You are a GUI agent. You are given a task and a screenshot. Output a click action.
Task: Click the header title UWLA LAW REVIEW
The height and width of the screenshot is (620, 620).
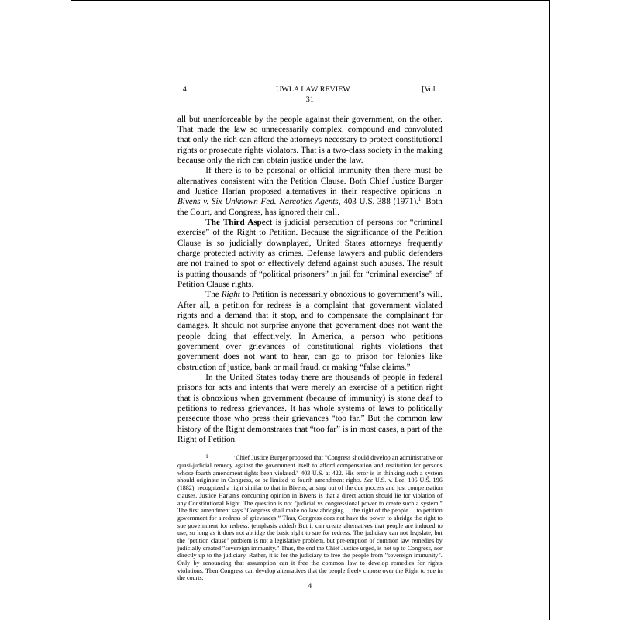click(312, 89)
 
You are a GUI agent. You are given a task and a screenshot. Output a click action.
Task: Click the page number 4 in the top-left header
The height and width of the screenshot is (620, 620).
click(184, 89)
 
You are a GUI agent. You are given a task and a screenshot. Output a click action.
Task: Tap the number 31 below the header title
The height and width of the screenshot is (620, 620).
click(310, 99)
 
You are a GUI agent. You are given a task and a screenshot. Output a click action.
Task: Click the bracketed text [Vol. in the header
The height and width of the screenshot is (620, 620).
click(429, 89)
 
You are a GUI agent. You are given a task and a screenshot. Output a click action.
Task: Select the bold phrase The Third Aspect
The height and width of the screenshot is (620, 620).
click(238, 222)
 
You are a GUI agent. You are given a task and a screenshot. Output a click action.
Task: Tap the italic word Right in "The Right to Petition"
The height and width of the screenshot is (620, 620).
click(231, 294)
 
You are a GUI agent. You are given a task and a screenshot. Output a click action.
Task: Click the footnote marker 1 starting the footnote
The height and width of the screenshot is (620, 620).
click(207, 458)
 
